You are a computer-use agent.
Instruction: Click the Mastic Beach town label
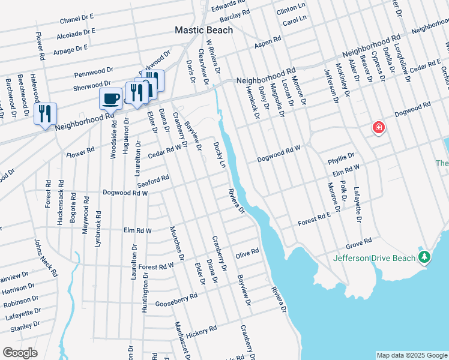pos(203,29)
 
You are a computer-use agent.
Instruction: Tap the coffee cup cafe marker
pos(111,98)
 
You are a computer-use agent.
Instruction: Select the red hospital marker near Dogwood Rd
pos(378,127)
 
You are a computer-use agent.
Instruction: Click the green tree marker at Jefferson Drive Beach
pos(425,257)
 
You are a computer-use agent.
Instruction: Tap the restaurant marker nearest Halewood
pos(45,114)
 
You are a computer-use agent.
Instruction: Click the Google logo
pos(20,353)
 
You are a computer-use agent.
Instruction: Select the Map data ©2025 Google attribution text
pos(411,355)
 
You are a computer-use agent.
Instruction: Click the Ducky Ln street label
pos(220,155)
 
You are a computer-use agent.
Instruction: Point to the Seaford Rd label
pos(153,179)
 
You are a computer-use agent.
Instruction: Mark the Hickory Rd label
pos(201,331)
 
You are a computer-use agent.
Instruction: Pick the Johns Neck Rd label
pos(46,257)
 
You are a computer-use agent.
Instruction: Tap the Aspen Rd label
pos(268,41)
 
